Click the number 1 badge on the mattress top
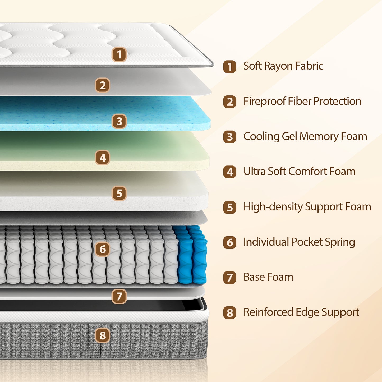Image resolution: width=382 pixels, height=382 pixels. click(119, 54)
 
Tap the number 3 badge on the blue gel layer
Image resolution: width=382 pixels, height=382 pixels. click(119, 121)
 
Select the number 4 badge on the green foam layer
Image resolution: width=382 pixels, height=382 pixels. click(103, 158)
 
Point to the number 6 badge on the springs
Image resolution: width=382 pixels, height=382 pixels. click(103, 249)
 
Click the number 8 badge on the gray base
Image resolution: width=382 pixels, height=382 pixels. click(103, 335)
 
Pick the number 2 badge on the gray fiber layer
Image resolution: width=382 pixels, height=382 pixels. click(103, 85)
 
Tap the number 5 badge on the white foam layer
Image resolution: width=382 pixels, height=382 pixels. click(119, 193)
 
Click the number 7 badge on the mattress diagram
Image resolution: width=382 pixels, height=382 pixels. click(119, 296)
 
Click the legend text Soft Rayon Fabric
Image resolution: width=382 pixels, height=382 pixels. click(283, 66)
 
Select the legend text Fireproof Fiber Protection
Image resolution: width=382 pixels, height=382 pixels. click(302, 101)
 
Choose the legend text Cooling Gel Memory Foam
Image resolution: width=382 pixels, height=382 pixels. click(305, 136)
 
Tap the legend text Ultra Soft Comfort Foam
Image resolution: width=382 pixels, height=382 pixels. click(299, 172)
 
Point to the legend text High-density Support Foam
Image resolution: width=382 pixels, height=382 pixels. click(307, 207)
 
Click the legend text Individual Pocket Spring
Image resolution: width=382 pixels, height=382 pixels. click(299, 242)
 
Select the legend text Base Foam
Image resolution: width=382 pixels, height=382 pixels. click(268, 277)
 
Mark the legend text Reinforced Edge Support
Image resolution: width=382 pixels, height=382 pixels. click(301, 312)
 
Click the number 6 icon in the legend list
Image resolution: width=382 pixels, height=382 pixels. click(229, 242)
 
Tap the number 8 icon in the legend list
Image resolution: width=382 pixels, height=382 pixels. click(229, 313)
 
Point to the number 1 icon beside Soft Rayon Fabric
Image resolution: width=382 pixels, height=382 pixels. click(229, 67)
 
